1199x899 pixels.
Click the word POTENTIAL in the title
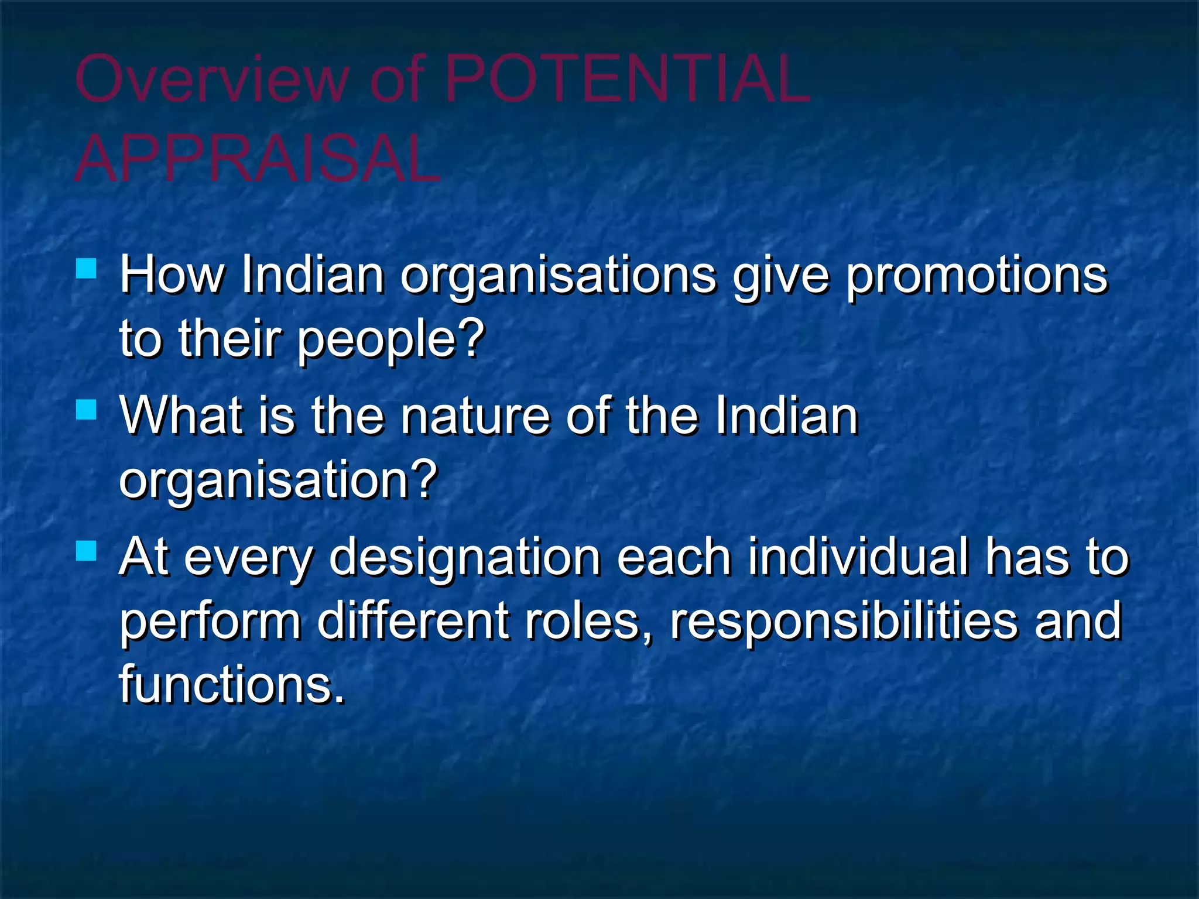tap(627, 79)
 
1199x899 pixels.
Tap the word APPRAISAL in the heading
tap(258, 159)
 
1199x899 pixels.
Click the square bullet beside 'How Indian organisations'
tap(86, 269)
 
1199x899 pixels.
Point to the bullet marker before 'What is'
tap(86, 410)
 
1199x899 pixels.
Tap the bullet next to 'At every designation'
tap(86, 551)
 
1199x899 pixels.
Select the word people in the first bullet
tap(375, 341)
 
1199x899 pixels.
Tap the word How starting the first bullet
tap(172, 275)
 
